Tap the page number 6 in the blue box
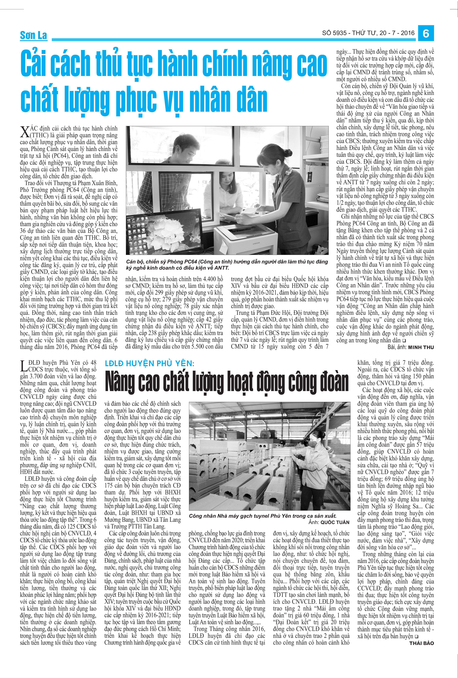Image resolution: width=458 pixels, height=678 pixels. coord(426,34)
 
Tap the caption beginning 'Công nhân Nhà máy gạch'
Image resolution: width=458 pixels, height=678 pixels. coord(262,516)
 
